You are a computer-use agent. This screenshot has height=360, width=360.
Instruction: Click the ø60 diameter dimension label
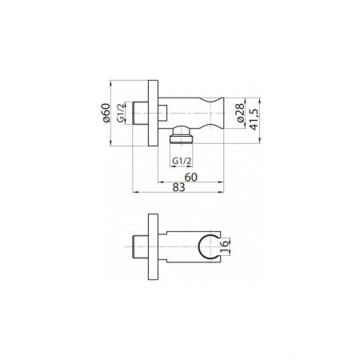(106, 113)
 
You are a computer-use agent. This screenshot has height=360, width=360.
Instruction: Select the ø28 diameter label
(241, 113)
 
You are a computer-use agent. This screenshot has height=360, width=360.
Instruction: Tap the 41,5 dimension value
(254, 119)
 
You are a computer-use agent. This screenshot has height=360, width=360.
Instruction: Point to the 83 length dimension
(178, 187)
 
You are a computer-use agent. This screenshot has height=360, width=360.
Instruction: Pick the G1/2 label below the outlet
(182, 161)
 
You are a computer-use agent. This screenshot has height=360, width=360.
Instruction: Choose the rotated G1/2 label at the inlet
(121, 113)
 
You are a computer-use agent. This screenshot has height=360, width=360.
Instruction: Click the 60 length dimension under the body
(191, 177)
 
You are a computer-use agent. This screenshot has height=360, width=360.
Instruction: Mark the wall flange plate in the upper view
(153, 113)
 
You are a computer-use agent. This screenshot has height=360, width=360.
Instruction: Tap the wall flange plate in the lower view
(153, 246)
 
